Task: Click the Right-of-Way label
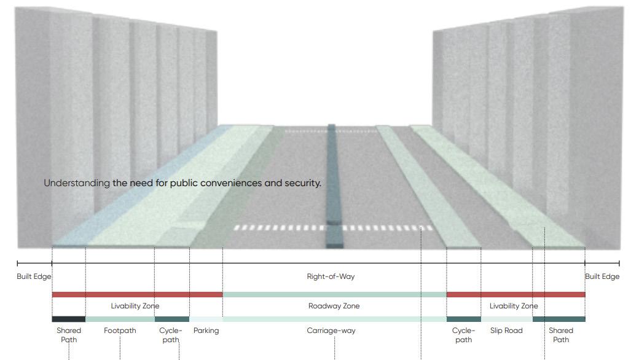tap(331, 276)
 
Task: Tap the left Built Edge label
tap(34, 276)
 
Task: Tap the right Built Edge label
tap(602, 276)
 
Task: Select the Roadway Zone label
tap(334, 306)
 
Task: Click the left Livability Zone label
tap(135, 306)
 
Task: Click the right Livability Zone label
tap(513, 306)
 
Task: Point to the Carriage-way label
tap(331, 331)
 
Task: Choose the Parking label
tap(206, 331)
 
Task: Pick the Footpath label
tap(120, 331)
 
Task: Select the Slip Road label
tap(506, 331)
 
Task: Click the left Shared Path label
tap(69, 335)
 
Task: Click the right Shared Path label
tap(560, 335)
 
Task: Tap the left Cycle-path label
tap(171, 335)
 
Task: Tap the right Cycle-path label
tap(464, 335)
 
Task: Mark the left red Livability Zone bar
tap(137, 295)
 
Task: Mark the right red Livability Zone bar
tap(516, 295)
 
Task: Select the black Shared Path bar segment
tap(68, 319)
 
